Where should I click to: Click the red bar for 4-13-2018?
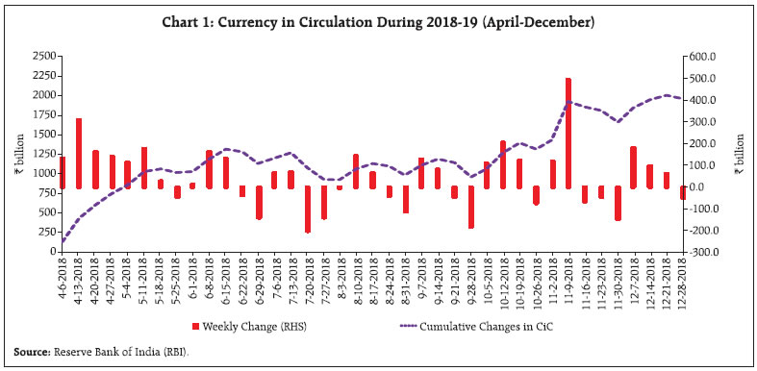[x=79, y=153]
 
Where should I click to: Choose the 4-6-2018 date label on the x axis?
[x=63, y=280]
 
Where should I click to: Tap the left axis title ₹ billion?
[x=14, y=154]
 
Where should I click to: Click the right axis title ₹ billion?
[x=741, y=154]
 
